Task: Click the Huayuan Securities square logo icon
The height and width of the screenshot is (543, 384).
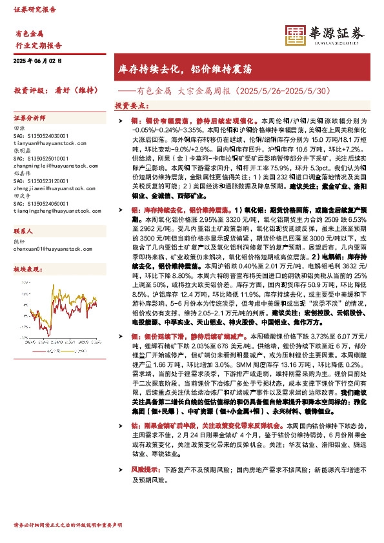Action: click(295, 35)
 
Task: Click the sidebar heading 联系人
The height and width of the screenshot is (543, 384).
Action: click(25, 230)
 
